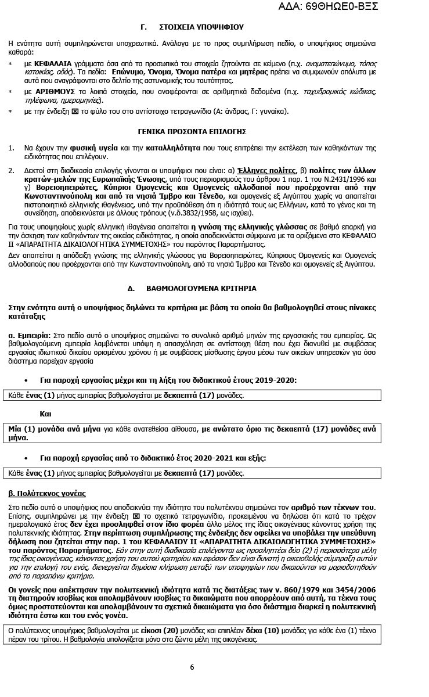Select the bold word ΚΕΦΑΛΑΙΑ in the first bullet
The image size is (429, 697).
click(x=53, y=63)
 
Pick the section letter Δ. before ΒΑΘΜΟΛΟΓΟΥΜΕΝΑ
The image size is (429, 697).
click(x=131, y=289)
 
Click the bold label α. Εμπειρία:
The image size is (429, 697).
click(x=30, y=336)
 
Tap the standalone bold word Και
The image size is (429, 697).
click(x=45, y=414)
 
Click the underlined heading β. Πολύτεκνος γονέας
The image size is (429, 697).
click(x=47, y=494)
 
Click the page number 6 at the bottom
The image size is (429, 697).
click(x=192, y=667)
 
